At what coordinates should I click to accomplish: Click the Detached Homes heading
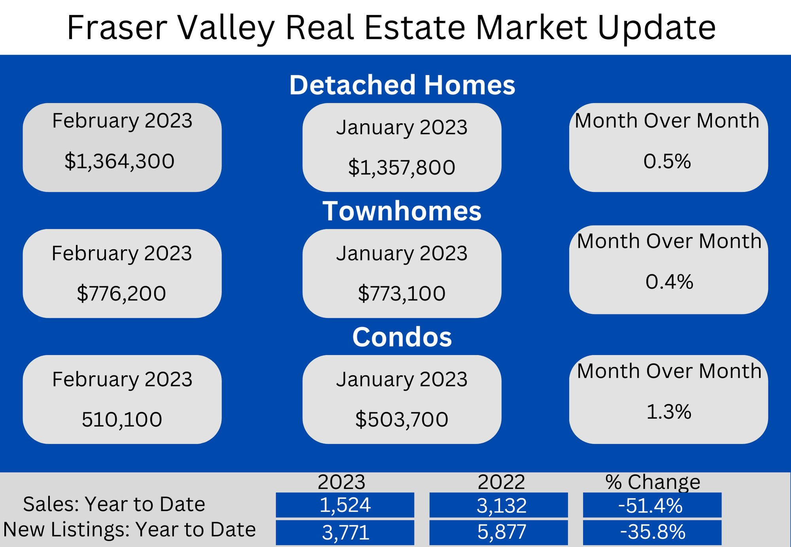[402, 85]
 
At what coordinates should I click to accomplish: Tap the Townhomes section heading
[402, 211]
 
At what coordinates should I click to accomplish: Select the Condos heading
[402, 337]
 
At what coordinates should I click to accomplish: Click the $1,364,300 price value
[119, 161]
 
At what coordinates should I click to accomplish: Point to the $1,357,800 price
[402, 168]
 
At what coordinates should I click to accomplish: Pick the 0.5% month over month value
[667, 161]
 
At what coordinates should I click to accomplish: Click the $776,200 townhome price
[121, 294]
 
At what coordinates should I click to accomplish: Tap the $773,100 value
[402, 294]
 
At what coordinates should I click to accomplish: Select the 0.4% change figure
[670, 282]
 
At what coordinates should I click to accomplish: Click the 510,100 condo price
[122, 419]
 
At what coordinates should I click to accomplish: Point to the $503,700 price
[402, 419]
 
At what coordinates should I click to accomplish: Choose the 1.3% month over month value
[669, 412]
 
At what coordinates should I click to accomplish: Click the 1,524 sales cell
[345, 505]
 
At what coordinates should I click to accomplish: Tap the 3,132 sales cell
[499, 505]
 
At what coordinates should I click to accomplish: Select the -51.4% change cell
[652, 505]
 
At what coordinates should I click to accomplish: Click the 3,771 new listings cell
[345, 532]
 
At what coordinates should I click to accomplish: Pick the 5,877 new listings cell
[499, 532]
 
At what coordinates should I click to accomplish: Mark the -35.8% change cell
[652, 532]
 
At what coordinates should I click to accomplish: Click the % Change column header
[653, 482]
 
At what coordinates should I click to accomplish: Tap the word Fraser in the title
[117, 28]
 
